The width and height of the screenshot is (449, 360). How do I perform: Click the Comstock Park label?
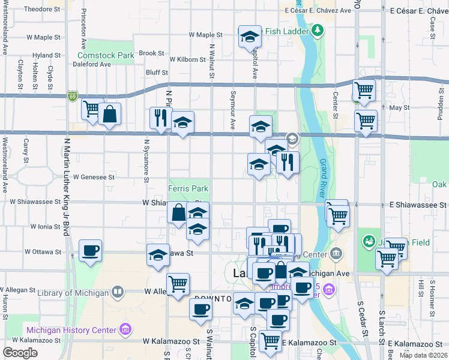coord(105,55)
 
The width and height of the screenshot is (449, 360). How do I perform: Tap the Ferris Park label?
coord(188,188)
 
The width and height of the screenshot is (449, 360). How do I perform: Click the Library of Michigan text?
coord(73,293)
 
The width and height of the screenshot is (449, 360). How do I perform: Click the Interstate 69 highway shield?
coord(73,96)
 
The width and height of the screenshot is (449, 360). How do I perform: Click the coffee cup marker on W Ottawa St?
coord(91,250)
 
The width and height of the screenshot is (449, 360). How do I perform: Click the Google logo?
coord(20,352)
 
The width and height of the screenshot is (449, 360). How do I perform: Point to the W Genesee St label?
coord(94,177)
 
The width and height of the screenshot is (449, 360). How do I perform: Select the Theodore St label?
coord(42,10)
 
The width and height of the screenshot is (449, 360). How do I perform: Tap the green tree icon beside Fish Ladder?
coord(316,31)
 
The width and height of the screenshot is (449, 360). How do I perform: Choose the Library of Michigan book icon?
coord(118,293)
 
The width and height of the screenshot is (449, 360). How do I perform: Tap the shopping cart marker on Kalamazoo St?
coord(271,341)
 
